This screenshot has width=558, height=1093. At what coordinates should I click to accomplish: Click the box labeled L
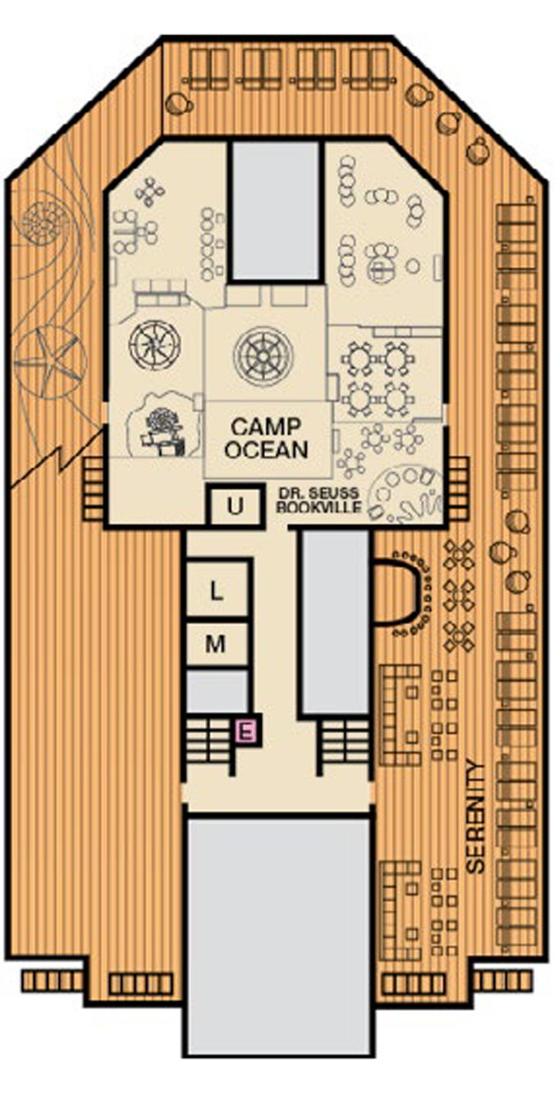click(x=217, y=590)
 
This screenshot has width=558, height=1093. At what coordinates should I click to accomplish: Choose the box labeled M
click(x=217, y=644)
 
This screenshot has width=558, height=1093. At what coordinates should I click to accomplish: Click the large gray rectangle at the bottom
click(x=279, y=935)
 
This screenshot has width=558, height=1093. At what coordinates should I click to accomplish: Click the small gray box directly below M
click(x=217, y=690)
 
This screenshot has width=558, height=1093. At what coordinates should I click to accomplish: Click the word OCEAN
click(x=268, y=450)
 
